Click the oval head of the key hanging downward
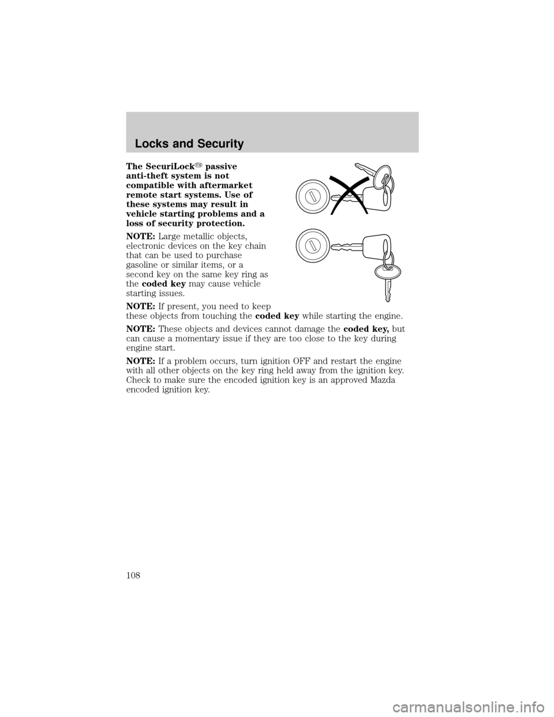coord(388,272)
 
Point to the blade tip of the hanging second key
coord(388,300)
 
